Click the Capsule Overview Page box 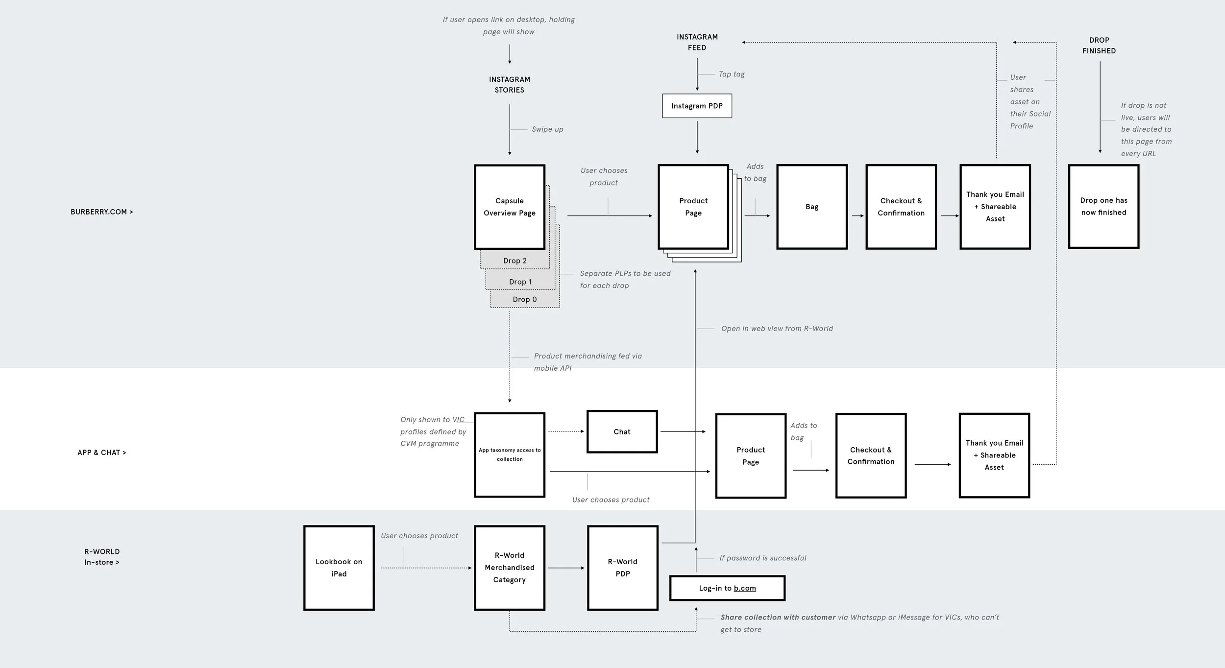coord(509,207)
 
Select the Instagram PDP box coord(697,106)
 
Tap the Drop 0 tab coord(525,299)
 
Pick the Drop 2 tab coord(514,261)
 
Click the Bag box coord(811,207)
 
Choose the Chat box coord(622,431)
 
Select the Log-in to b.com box coord(727,588)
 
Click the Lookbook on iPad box coord(339,568)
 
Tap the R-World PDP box coord(622,568)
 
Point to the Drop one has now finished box coord(1103,207)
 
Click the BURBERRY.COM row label coord(101,212)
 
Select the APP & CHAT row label coord(101,453)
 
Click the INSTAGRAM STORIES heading coord(509,84)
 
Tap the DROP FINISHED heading coord(1099,45)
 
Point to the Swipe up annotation coord(547,129)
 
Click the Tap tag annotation coord(732,74)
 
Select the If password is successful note coord(762,558)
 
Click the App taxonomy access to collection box coord(509,454)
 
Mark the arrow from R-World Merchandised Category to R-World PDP coord(565,568)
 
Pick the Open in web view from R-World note coord(777,329)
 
